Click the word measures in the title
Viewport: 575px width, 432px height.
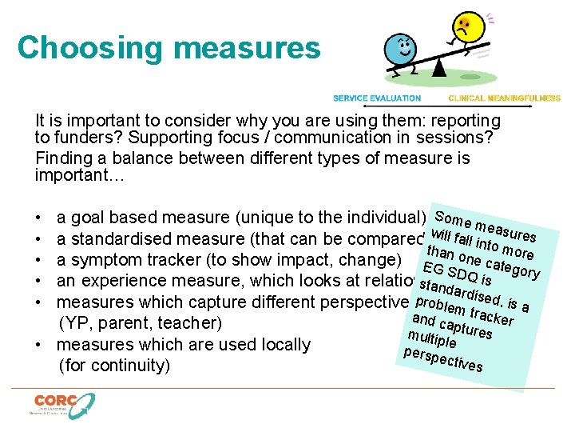(247, 47)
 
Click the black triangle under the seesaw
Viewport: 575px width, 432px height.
(438, 68)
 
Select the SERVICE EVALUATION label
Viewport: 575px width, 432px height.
(377, 98)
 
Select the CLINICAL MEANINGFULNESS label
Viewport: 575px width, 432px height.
(505, 98)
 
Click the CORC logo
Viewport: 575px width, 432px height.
(63, 405)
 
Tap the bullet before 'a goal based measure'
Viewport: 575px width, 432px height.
(38, 218)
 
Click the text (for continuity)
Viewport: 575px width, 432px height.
(114, 366)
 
